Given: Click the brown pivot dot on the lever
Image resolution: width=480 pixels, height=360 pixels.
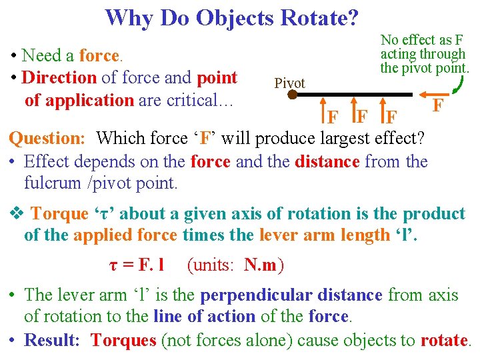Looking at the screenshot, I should click(x=292, y=95).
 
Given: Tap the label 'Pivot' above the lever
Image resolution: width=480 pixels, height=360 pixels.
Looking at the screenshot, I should click(x=289, y=83).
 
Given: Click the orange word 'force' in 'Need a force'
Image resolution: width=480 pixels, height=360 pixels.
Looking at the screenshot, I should click(x=99, y=55).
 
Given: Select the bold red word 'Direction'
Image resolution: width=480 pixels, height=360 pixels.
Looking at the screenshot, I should click(x=59, y=77).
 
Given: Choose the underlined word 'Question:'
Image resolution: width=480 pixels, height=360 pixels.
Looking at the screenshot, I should click(x=47, y=139).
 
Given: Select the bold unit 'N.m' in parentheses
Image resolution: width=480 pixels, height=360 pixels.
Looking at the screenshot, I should click(x=261, y=265).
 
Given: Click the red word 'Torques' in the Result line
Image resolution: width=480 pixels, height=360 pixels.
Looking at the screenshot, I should click(x=123, y=340).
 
